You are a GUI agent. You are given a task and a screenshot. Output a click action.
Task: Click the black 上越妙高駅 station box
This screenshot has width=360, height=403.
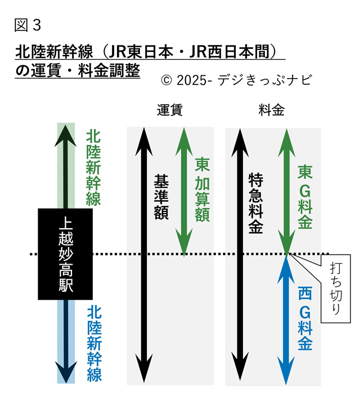point(65,253)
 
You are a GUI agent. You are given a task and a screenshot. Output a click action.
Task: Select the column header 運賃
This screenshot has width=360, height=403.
point(169,110)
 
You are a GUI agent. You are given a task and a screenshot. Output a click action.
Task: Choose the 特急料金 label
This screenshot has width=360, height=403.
point(256,203)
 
